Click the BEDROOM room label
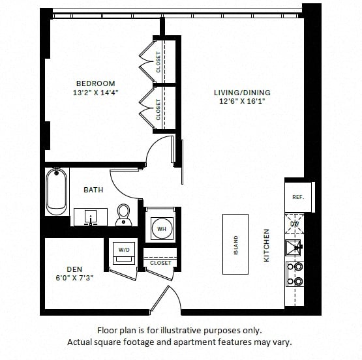point(96,83)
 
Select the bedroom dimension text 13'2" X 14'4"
point(96,93)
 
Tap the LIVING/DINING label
point(242,93)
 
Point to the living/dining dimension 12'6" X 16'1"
point(242,101)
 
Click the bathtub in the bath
point(57,192)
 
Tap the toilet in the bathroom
point(123,215)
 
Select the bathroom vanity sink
point(91,217)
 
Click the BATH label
point(93,190)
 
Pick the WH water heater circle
point(162,229)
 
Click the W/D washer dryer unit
point(124,253)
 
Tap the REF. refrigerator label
point(298,198)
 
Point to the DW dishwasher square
point(294,224)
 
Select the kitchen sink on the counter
point(294,247)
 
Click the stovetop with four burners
point(295,274)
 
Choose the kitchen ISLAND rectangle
point(235,244)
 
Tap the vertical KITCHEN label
point(267,245)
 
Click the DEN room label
point(74,269)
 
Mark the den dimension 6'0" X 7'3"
point(74,278)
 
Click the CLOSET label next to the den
point(160,263)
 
